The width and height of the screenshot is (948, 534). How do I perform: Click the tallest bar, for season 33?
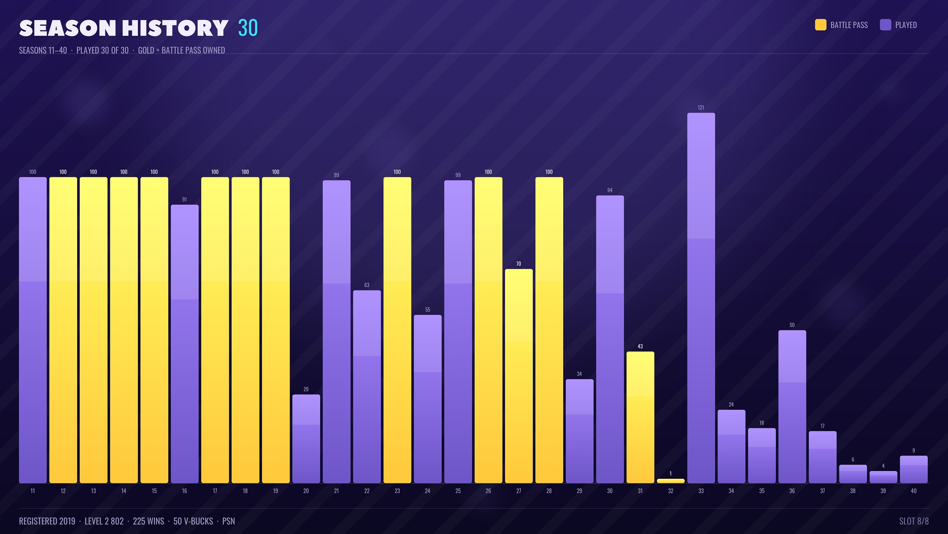[x=701, y=298]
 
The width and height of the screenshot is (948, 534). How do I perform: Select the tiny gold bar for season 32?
[x=670, y=481]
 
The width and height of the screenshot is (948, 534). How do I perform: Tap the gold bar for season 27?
[x=519, y=376]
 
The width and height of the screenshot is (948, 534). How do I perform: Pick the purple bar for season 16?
[x=184, y=344]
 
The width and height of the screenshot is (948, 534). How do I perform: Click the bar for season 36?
[x=792, y=406]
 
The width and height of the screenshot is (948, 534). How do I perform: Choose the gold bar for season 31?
[x=640, y=417]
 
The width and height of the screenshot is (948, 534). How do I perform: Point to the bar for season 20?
[x=306, y=439]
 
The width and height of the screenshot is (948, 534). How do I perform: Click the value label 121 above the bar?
[x=701, y=108]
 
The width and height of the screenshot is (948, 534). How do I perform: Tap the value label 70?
[x=519, y=264]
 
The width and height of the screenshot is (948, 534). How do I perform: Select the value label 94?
[x=610, y=190]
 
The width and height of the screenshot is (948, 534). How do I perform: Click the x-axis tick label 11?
[x=33, y=491]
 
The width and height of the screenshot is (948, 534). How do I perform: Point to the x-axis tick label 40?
[x=914, y=491]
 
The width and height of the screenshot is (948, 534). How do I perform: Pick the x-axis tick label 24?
[x=427, y=491]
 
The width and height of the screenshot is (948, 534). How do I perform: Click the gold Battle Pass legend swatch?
[x=821, y=25]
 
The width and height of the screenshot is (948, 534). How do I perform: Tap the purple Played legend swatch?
[x=886, y=25]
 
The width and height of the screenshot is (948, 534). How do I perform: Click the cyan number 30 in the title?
[x=248, y=28]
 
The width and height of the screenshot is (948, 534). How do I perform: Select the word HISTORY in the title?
[x=175, y=28]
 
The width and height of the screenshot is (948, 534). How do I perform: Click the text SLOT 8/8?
[x=914, y=521]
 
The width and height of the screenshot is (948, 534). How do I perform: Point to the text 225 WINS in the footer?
[x=148, y=521]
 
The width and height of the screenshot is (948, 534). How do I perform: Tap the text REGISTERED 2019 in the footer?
[x=47, y=521]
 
